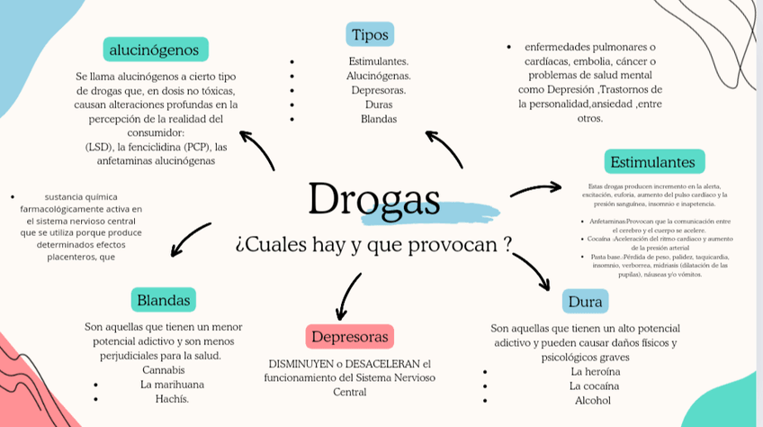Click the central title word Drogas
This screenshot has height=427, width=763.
click(374, 199)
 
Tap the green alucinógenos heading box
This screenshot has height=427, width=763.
click(155, 49)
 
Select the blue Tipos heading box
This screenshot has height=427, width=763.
click(370, 35)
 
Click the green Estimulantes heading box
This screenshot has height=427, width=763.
click(653, 162)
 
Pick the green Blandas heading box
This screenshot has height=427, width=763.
click(163, 299)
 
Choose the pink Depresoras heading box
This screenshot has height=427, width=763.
click(349, 337)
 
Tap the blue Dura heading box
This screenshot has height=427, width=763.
click(585, 302)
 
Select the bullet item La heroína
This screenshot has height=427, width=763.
click(595, 371)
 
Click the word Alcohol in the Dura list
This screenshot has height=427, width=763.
click(592, 400)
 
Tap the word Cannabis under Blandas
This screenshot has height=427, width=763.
click(164, 369)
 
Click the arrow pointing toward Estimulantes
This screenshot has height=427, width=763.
click(536, 189)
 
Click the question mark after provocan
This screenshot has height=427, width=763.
click(508, 243)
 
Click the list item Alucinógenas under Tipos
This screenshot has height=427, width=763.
click(379, 76)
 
